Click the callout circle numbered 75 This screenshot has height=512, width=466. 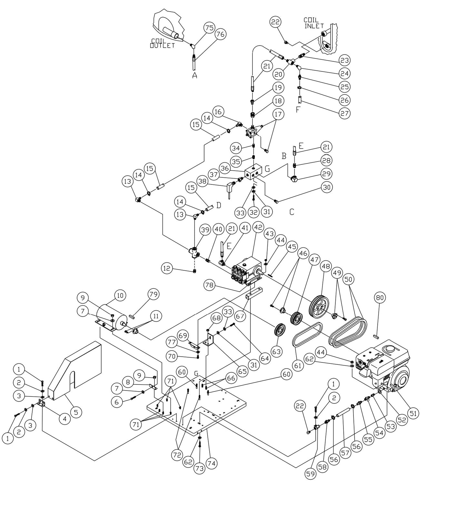209,28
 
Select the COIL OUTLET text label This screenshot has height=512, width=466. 162,43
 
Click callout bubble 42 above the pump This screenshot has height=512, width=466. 258,227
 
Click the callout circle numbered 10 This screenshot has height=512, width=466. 120,295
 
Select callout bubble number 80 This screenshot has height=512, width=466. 380,298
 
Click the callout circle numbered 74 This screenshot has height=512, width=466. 211,464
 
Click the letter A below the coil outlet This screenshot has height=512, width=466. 194,75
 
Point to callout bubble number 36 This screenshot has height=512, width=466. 225,168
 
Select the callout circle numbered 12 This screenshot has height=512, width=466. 168,268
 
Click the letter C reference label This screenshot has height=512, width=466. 292,212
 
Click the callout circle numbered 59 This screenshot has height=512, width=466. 311,474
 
